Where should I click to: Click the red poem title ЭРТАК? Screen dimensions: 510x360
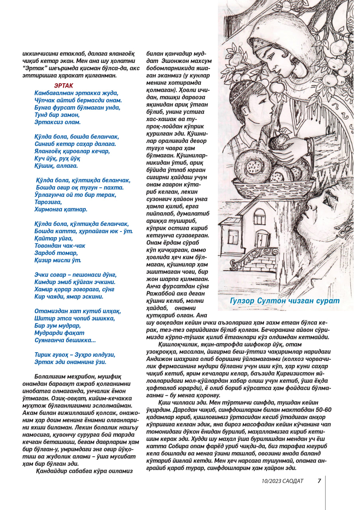coord(63,85)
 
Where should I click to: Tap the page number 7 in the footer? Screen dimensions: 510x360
coord(319,481)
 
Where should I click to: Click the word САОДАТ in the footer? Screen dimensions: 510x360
coord(292,481)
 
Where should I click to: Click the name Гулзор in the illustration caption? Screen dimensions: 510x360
coord(244,300)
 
